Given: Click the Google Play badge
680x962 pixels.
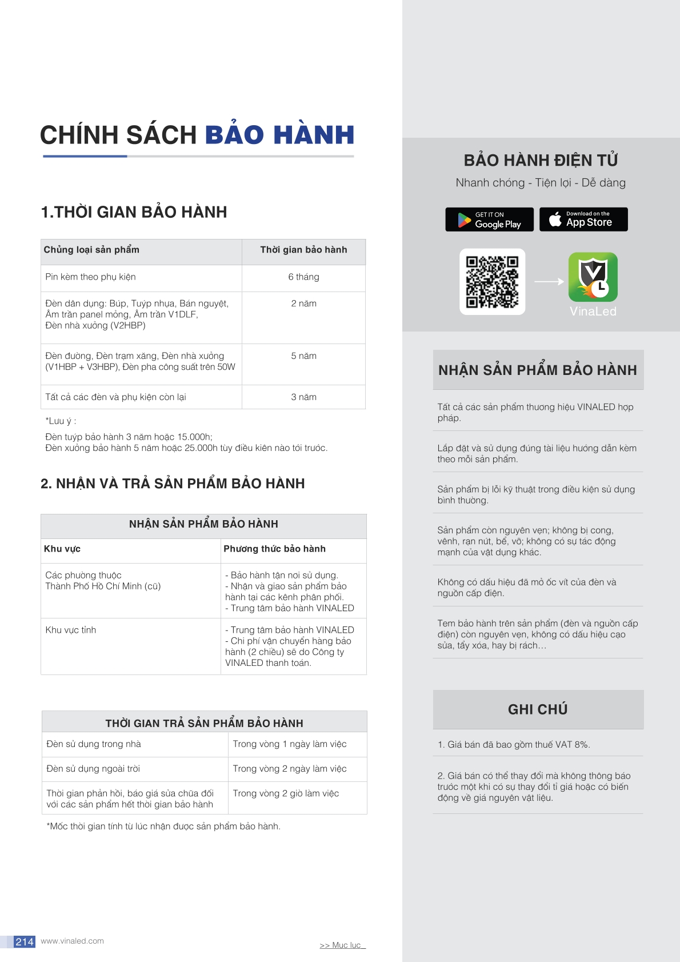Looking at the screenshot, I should point(489,219).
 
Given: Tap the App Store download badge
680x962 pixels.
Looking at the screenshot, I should point(583,219).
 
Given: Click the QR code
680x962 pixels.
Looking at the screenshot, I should point(492,281).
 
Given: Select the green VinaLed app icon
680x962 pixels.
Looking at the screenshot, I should point(593,277).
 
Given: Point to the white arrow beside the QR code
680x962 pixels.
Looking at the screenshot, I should point(549,281).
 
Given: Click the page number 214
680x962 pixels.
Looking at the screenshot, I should point(25,941).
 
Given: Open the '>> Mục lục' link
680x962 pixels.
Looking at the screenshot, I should point(342,945).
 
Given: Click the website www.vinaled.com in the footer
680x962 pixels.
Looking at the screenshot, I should point(73,941).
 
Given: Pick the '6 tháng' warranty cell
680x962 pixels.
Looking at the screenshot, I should point(303,277).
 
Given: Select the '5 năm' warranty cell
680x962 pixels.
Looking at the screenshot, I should point(303,356).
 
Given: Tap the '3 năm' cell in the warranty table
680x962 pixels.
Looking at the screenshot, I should point(303,397).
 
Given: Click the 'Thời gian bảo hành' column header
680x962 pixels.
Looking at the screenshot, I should point(303,250).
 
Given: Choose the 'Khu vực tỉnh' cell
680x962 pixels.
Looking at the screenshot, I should point(71,630).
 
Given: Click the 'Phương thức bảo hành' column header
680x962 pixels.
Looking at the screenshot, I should point(274,549).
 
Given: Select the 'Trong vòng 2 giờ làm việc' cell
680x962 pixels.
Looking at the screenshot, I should point(286,793).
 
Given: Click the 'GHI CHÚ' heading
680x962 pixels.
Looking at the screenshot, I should point(538,709).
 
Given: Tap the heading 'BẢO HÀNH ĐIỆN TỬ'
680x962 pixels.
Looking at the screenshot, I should point(541,161).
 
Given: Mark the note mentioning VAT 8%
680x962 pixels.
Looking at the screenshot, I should point(513,745).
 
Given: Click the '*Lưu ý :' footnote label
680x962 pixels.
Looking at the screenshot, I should point(61,421).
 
